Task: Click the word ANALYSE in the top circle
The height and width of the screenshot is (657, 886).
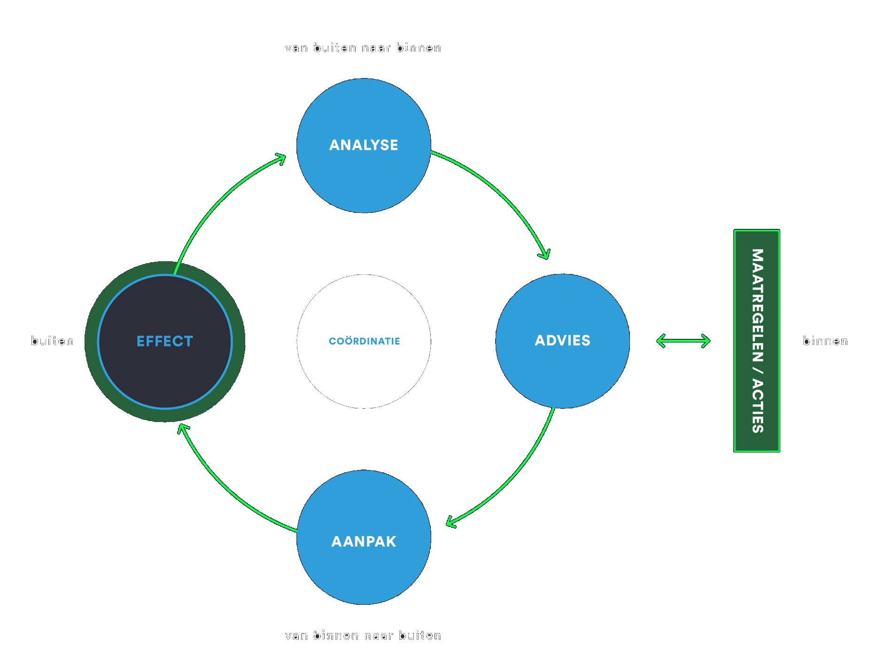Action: pyautogui.click(x=364, y=145)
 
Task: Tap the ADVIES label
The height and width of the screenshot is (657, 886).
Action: pyautogui.click(x=562, y=341)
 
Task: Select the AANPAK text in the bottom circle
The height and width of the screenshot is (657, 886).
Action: pyautogui.click(x=364, y=541)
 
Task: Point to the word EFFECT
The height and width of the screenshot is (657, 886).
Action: pyautogui.click(x=165, y=341)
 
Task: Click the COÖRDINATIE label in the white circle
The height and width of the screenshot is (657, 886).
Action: pyautogui.click(x=364, y=341)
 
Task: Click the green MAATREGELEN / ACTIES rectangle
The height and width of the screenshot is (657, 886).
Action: pyautogui.click(x=757, y=341)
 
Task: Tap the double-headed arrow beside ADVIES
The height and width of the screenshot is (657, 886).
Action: pyautogui.click(x=683, y=341)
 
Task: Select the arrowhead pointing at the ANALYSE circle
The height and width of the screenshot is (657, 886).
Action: pyautogui.click(x=281, y=159)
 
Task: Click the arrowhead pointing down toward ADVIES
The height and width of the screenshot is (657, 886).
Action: pyautogui.click(x=545, y=254)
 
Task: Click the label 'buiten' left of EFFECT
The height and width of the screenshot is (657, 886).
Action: pyautogui.click(x=52, y=341)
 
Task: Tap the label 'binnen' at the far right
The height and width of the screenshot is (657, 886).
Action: pyautogui.click(x=825, y=341)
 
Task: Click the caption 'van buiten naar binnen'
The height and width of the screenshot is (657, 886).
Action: pyautogui.click(x=363, y=48)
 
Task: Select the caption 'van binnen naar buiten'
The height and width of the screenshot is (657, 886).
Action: pyautogui.click(x=363, y=635)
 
